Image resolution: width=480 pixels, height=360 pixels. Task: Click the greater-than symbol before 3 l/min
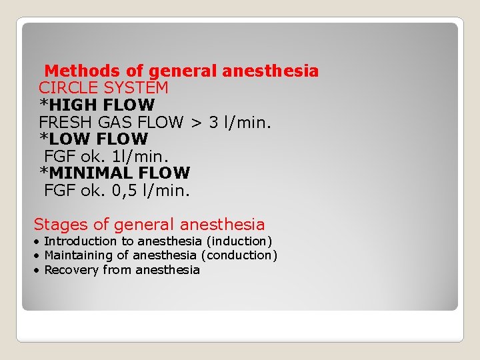pos(196,123)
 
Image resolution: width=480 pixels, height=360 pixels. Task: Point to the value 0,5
pos(114,191)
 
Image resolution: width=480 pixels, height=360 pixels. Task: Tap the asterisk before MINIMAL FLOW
pos(43,172)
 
